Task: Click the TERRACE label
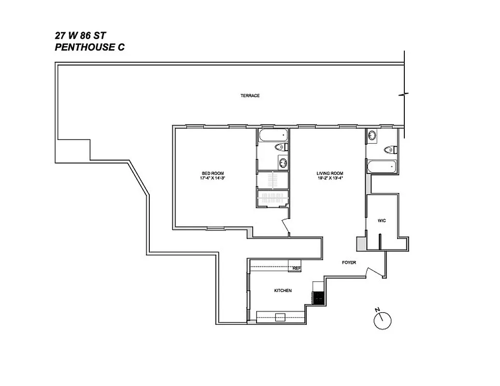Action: (x=250, y=96)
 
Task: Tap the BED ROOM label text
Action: (x=213, y=173)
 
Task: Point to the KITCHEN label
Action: (x=283, y=290)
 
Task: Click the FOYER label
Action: (x=349, y=262)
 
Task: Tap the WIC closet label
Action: (x=382, y=221)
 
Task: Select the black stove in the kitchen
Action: (x=318, y=298)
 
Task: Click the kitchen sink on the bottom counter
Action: (x=280, y=317)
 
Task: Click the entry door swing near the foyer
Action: (x=373, y=272)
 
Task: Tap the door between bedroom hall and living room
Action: (x=285, y=226)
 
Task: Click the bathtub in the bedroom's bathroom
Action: (x=272, y=135)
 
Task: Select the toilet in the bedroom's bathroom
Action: (x=281, y=147)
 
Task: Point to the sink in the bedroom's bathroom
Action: (x=282, y=162)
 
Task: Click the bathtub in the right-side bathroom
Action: (x=382, y=168)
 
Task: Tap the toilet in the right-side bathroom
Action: (x=390, y=150)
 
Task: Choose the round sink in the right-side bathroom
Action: (x=372, y=136)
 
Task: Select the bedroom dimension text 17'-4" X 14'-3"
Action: (x=213, y=179)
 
